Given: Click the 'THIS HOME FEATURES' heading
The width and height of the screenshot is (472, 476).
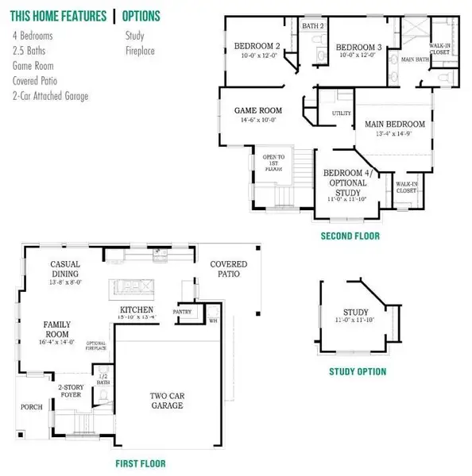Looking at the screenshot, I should point(59,16).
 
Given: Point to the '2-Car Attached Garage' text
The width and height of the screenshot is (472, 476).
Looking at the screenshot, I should point(51,96).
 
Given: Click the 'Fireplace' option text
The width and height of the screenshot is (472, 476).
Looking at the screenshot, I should point(140,51).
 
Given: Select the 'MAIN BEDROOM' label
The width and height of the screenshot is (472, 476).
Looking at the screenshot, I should point(394,125).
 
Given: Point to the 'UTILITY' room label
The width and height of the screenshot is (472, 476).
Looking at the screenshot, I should point(341,114).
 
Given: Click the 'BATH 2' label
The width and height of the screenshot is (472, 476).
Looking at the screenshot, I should point(313,26).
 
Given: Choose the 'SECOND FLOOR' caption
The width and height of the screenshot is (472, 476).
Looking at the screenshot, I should point(350,236).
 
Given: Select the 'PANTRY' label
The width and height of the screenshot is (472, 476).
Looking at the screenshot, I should point(184,312).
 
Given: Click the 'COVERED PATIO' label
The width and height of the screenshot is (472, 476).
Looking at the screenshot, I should point(228,269).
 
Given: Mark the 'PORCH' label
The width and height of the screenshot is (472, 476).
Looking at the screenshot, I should point(31,407).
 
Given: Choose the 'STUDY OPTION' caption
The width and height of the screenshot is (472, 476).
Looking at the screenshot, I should point(358,371).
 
